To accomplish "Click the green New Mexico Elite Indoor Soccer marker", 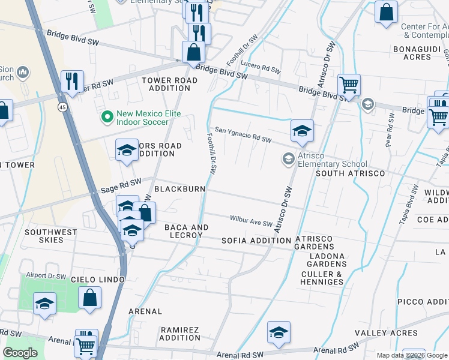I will coord(107,116).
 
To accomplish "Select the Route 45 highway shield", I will coord(62,107).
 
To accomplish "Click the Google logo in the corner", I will coord(20,353).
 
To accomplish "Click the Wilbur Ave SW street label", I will coord(251,221).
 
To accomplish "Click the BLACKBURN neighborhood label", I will coord(179,189).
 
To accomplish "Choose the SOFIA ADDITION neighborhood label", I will coord(256,241).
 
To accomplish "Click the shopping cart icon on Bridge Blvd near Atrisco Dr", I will coord(349,85).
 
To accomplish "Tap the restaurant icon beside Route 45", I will coord(72,81).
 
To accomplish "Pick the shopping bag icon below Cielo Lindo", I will coord(89,298).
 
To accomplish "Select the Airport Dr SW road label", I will coord(50,276).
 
